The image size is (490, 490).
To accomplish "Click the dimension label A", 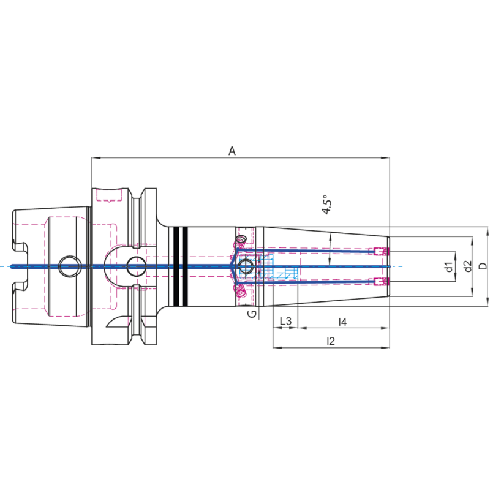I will coord(232,151).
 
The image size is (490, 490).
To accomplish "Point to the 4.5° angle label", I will coord(326,205).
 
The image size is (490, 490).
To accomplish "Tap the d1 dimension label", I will coord(448,266).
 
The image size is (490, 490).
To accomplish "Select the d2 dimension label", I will coord(467,266).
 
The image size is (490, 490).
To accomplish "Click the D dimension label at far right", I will coord(483,266).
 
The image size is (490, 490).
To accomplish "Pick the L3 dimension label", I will coord(285,322).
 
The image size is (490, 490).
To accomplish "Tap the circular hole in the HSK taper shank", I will coord(69,266).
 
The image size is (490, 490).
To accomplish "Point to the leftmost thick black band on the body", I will coord(175,266).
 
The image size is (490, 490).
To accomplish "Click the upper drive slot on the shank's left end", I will coord(20,247).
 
